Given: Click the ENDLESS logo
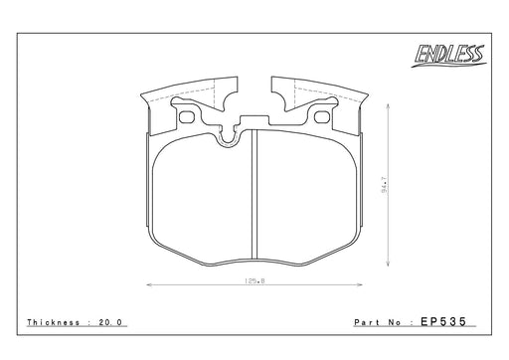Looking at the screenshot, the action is (449, 56).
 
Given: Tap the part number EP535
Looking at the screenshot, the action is (443, 321).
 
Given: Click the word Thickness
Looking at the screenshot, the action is (54, 322).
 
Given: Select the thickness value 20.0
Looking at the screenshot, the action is (110, 322).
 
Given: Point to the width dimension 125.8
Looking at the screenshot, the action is (254, 280).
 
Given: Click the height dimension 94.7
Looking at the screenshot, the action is (384, 185).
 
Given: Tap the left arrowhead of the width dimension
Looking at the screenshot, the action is (149, 284).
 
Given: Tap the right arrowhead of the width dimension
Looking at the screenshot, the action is (359, 284).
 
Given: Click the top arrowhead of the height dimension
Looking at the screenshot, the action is (388, 107).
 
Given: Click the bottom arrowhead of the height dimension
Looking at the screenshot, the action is (388, 263).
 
